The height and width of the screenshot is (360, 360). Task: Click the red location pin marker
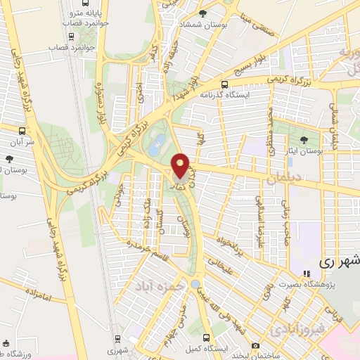pyautogui.click(x=181, y=166)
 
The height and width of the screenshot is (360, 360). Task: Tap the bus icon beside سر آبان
pyautogui.click(x=22, y=130)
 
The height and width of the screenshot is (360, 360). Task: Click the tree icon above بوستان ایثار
pyautogui.click(x=303, y=140)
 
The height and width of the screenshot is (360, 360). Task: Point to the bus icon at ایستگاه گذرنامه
pyautogui.click(x=224, y=84)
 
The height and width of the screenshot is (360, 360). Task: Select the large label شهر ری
pyautogui.click(x=340, y=260)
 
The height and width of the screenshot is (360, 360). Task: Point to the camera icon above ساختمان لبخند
pyautogui.click(x=255, y=346)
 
